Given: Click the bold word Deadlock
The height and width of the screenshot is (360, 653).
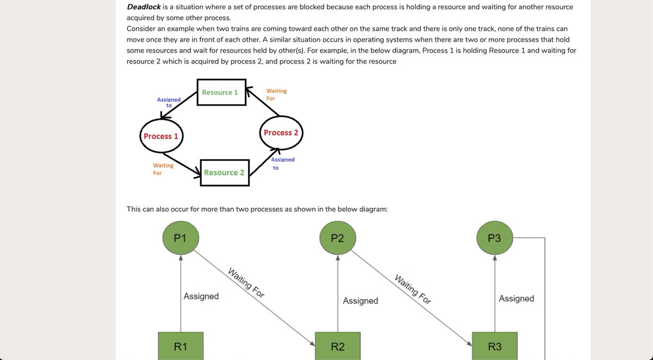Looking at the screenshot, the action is click(144, 7).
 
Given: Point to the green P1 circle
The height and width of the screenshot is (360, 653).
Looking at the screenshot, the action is click(181, 238).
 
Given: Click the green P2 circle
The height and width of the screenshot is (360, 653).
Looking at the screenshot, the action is click(337, 238).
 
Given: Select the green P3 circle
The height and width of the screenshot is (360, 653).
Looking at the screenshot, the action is click(495, 238).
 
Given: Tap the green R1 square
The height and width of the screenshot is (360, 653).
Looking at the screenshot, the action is click(181, 346).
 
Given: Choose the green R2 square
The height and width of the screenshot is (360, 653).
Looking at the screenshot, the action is click(337, 346).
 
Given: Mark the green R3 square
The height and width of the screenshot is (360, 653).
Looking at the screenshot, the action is click(495, 346).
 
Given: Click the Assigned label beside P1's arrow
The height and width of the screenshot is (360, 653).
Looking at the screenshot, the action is click(201, 296).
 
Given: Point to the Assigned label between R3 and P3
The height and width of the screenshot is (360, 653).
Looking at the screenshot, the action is click(516, 299).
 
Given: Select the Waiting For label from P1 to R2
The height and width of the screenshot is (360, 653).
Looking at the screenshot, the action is click(246, 283).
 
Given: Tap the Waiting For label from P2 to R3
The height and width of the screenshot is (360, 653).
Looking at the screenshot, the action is click(412, 289).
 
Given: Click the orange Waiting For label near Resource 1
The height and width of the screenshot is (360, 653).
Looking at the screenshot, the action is click(276, 95).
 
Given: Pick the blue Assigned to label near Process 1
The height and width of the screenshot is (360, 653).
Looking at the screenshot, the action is click(169, 102).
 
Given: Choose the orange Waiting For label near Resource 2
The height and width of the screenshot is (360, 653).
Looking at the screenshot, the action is click(163, 169).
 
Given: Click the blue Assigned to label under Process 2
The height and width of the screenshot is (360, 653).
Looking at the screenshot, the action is click(282, 163).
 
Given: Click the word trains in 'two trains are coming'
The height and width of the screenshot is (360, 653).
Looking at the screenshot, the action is click(240, 29).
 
